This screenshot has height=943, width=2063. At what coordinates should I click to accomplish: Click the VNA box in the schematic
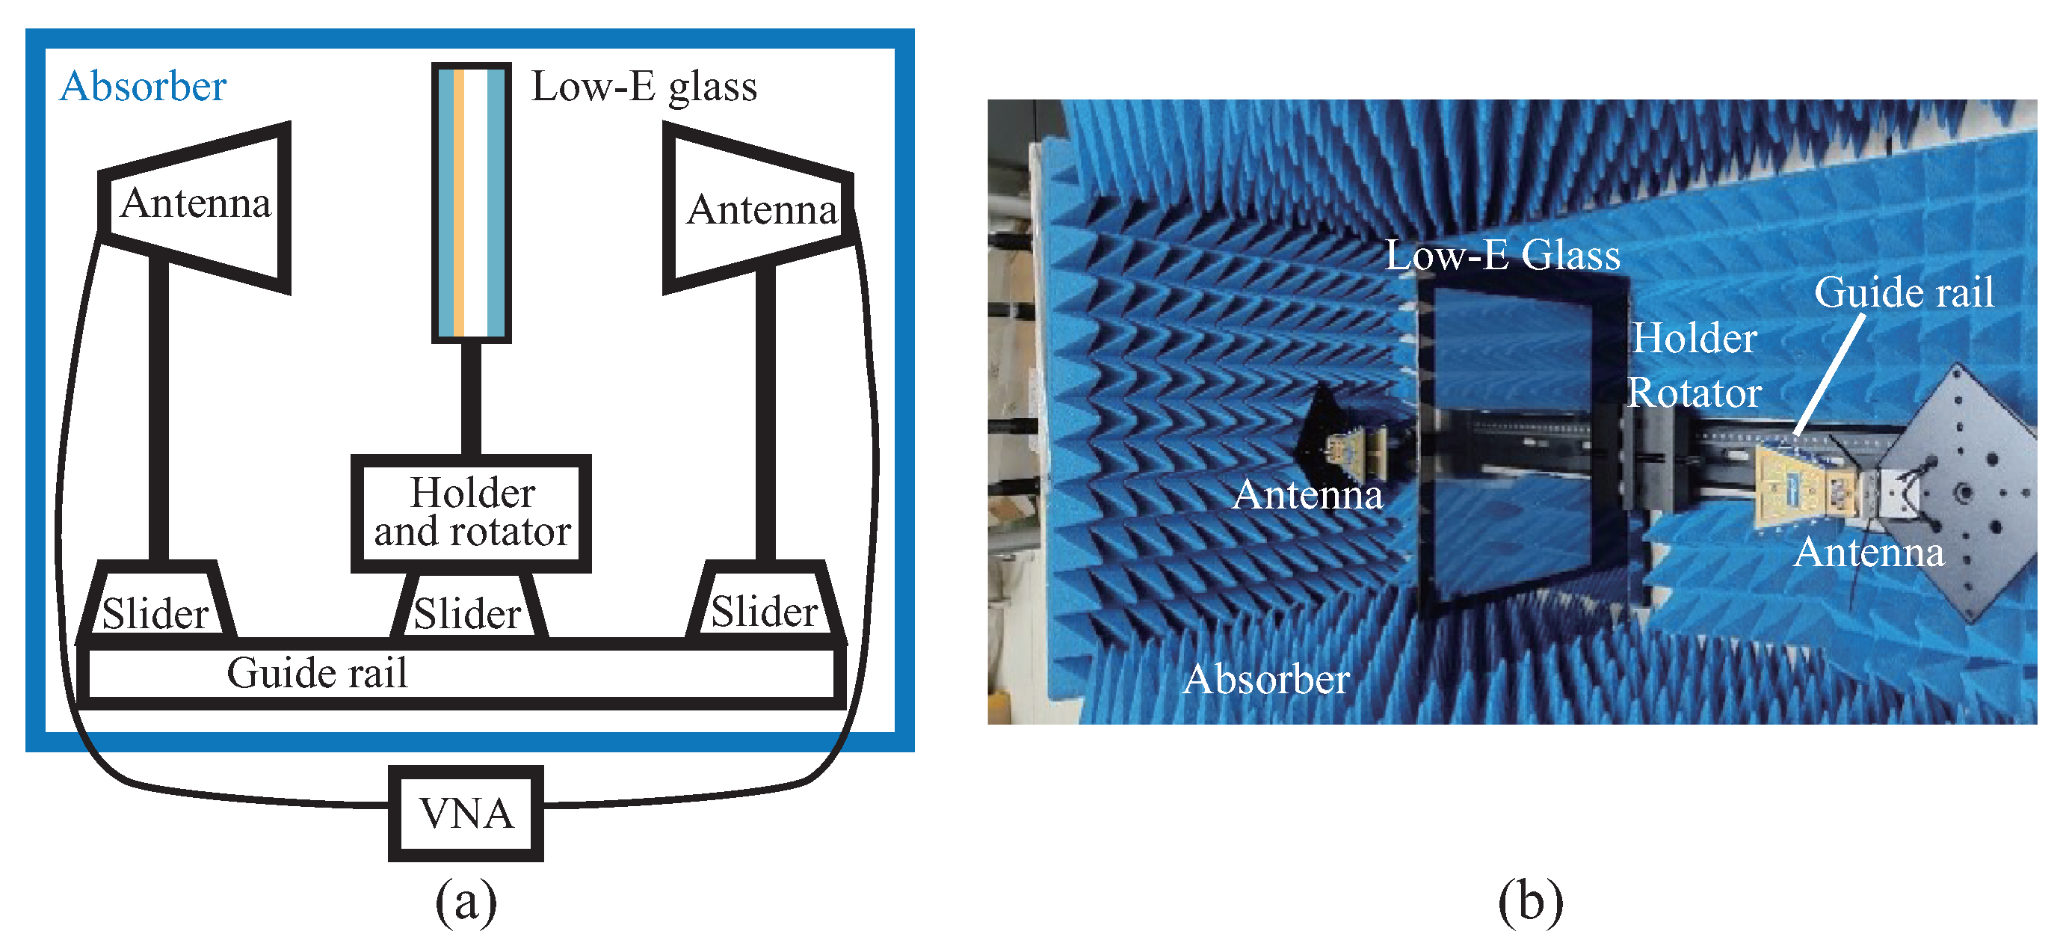(465, 813)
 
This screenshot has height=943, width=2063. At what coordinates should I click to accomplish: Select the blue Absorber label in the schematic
(143, 87)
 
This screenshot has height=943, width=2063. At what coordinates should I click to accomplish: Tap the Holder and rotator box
(472, 513)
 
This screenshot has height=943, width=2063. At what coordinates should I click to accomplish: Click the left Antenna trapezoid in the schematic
(195, 205)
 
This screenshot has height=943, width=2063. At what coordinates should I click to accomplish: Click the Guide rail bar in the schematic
(460, 674)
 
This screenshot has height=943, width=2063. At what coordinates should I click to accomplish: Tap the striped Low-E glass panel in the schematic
(471, 202)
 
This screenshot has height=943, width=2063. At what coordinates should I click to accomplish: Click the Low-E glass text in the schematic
(644, 87)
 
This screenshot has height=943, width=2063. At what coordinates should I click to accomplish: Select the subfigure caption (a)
(465, 901)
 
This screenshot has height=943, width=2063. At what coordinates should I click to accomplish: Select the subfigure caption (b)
(1529, 901)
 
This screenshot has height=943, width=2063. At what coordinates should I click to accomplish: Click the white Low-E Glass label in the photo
(1502, 256)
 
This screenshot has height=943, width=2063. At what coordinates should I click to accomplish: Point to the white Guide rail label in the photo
(1904, 292)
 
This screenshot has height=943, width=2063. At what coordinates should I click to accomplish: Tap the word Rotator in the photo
(1695, 393)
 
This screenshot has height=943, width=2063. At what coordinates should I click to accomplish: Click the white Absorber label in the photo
(1266, 680)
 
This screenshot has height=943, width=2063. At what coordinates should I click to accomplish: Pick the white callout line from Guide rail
(1828, 375)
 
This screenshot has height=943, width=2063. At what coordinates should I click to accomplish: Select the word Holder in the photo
(1695, 338)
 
